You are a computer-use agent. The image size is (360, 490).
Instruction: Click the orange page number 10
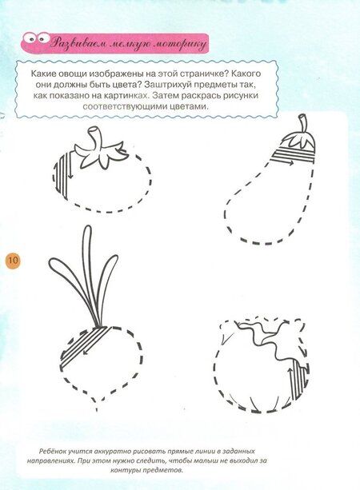tap(13, 260)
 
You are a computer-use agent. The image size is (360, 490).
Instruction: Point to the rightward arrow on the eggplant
tap(283, 162)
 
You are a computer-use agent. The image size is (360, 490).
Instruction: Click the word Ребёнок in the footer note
tap(53, 452)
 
